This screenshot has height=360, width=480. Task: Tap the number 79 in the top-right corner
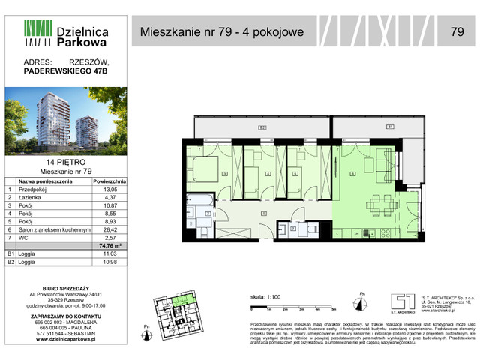[x=457, y=31]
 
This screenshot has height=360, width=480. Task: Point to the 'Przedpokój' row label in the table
[x=37, y=190]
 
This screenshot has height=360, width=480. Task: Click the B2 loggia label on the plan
[x=262, y=128]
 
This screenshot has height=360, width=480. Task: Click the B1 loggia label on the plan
[x=390, y=127]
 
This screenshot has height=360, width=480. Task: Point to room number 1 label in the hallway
[x=262, y=214]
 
